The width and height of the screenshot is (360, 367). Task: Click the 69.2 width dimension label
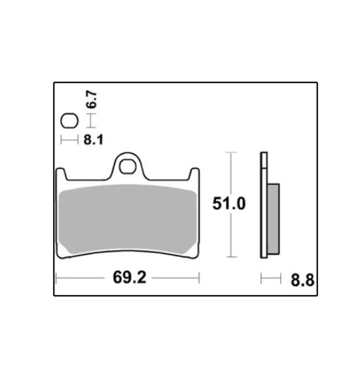click(130, 277)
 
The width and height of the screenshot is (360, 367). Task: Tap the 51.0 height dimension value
click(229, 203)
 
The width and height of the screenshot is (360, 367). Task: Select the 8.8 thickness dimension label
click(302, 280)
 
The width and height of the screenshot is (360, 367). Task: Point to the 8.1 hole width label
click(93, 140)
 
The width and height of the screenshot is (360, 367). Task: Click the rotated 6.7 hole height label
click(92, 100)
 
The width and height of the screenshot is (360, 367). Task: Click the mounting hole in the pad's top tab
click(128, 166)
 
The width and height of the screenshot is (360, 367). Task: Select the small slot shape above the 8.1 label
click(69, 121)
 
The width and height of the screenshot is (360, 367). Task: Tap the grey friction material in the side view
click(274, 219)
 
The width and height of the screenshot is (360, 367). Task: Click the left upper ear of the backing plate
click(62, 174)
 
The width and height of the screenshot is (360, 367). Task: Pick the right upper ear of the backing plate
click(194, 174)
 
